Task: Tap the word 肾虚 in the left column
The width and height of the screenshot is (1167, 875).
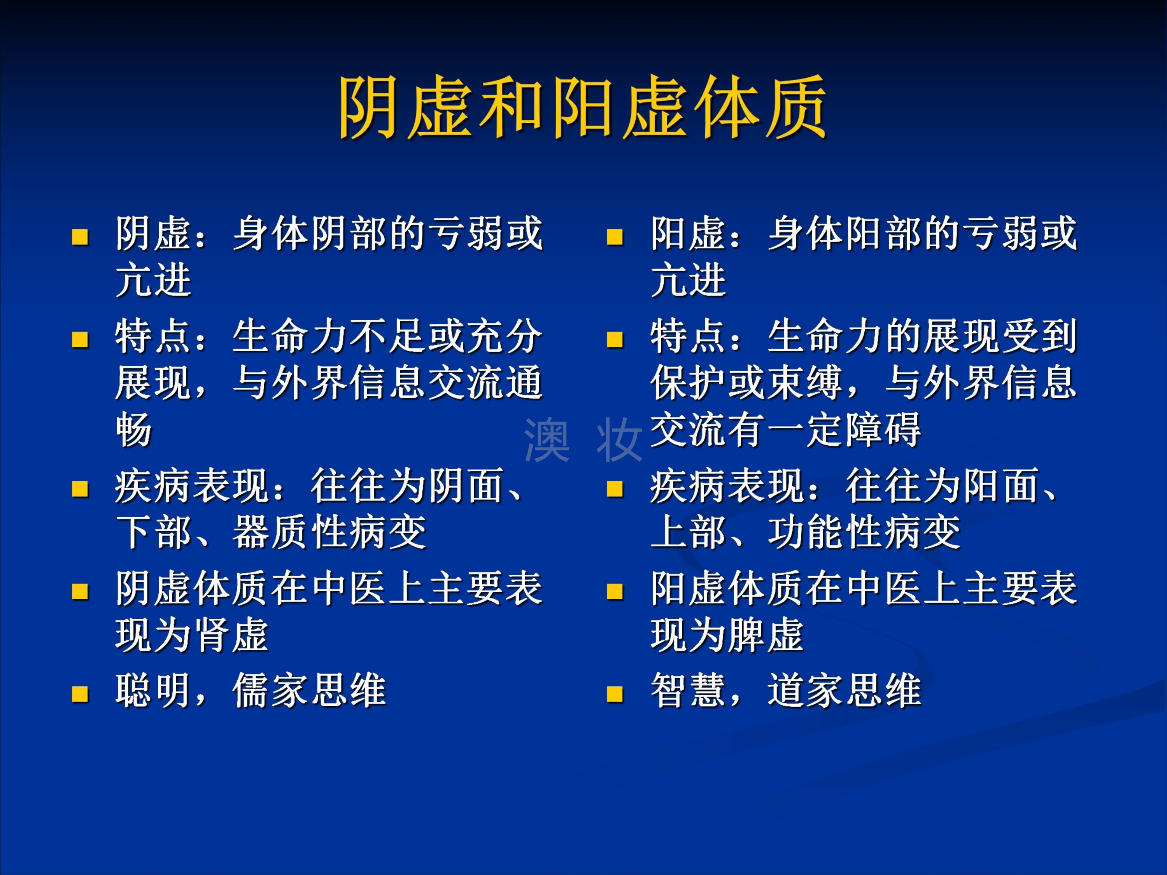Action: coord(231,635)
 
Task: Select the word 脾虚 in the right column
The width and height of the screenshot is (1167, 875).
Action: coord(766,635)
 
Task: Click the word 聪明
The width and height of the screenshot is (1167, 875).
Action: coord(153,690)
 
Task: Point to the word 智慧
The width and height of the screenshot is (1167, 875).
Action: coord(688,690)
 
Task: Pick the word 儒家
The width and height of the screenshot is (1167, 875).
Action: coord(270,690)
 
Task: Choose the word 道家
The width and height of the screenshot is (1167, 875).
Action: coord(805,690)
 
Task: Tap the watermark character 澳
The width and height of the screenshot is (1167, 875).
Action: coord(547,440)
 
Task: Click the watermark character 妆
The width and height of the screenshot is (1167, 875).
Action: coord(619,440)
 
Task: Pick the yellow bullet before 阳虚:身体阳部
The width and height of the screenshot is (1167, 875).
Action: coord(615,237)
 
